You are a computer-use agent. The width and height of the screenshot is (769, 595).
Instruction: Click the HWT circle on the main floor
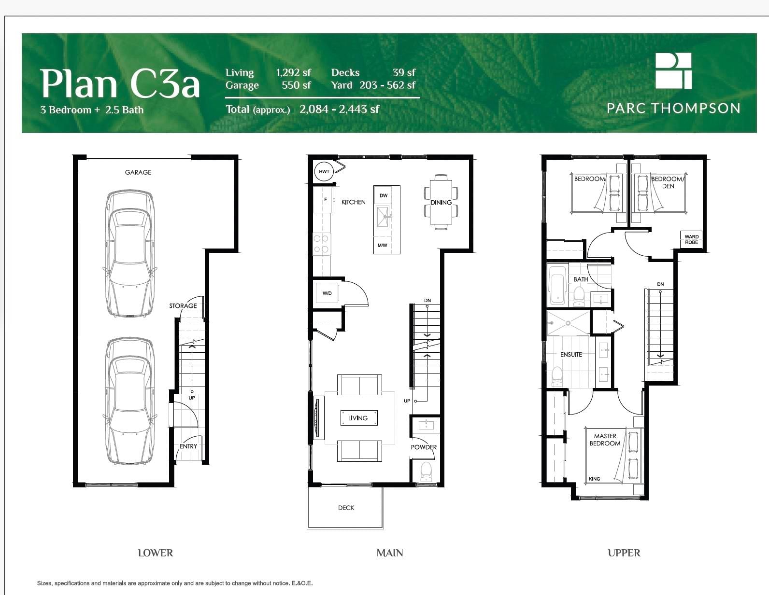click(324, 171)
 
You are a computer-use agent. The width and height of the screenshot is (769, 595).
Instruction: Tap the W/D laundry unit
click(327, 293)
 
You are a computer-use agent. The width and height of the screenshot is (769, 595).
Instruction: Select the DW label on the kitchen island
click(384, 195)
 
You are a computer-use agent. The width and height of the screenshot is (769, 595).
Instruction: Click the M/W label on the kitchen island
click(382, 245)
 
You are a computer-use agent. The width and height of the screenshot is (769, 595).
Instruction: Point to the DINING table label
click(441, 202)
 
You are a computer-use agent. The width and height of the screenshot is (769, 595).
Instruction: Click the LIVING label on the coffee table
click(358, 418)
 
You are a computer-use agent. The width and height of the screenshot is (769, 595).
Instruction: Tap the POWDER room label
click(424, 447)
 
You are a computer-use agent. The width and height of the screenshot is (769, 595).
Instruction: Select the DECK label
click(346, 508)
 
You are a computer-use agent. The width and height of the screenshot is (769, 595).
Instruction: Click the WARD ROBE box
click(691, 239)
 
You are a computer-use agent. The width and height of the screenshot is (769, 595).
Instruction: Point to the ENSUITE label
click(571, 354)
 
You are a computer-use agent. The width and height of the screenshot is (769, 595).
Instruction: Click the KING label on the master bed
click(595, 479)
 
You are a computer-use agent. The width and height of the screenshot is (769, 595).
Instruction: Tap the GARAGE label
click(138, 172)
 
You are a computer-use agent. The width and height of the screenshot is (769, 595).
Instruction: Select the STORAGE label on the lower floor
click(183, 306)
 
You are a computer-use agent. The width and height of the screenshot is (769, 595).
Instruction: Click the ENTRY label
click(188, 446)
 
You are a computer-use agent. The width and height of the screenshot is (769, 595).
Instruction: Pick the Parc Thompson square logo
click(673, 71)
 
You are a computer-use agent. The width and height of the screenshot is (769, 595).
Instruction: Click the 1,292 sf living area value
click(293, 72)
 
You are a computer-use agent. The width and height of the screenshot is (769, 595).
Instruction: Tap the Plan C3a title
click(120, 83)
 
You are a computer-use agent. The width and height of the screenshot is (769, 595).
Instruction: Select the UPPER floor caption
click(624, 553)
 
